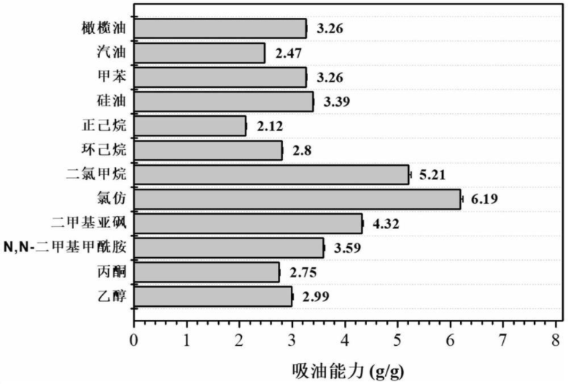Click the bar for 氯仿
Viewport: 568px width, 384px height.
[x=297, y=199]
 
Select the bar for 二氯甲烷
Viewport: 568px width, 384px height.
[x=271, y=174]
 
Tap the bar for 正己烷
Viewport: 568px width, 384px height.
[x=189, y=126]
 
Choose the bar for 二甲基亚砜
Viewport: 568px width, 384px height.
[x=248, y=223]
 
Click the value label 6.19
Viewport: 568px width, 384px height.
[x=485, y=199]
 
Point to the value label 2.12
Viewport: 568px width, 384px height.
[x=269, y=126]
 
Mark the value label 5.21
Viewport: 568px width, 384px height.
[x=433, y=174]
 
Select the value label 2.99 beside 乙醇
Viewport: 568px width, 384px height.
[x=315, y=297]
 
